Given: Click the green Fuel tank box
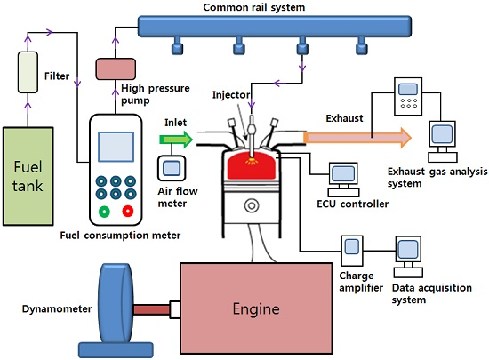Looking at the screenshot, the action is [x=28, y=176].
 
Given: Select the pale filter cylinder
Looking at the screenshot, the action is [x=28, y=72].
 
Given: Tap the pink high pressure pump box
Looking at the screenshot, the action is [x=116, y=68].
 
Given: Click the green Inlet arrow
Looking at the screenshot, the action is [x=176, y=140].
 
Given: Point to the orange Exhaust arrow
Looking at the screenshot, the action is [x=357, y=138].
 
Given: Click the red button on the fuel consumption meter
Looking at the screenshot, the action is [x=128, y=211].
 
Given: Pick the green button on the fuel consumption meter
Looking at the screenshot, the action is [x=105, y=212].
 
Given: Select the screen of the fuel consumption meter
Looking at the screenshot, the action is [x=116, y=147].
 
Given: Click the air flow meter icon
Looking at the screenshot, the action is [x=172, y=168].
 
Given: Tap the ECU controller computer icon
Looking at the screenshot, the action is [x=343, y=180].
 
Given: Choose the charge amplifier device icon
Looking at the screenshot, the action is [x=352, y=251].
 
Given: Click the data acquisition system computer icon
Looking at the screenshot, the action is [x=408, y=257].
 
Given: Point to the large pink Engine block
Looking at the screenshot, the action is [x=256, y=308].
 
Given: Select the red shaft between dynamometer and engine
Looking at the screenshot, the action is [x=151, y=310].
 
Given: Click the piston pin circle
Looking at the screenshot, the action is [x=252, y=206].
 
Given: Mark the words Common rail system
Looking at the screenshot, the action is [x=254, y=7].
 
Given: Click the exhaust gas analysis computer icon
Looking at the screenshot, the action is [x=443, y=141].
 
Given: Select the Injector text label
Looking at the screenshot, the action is [x=231, y=95].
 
